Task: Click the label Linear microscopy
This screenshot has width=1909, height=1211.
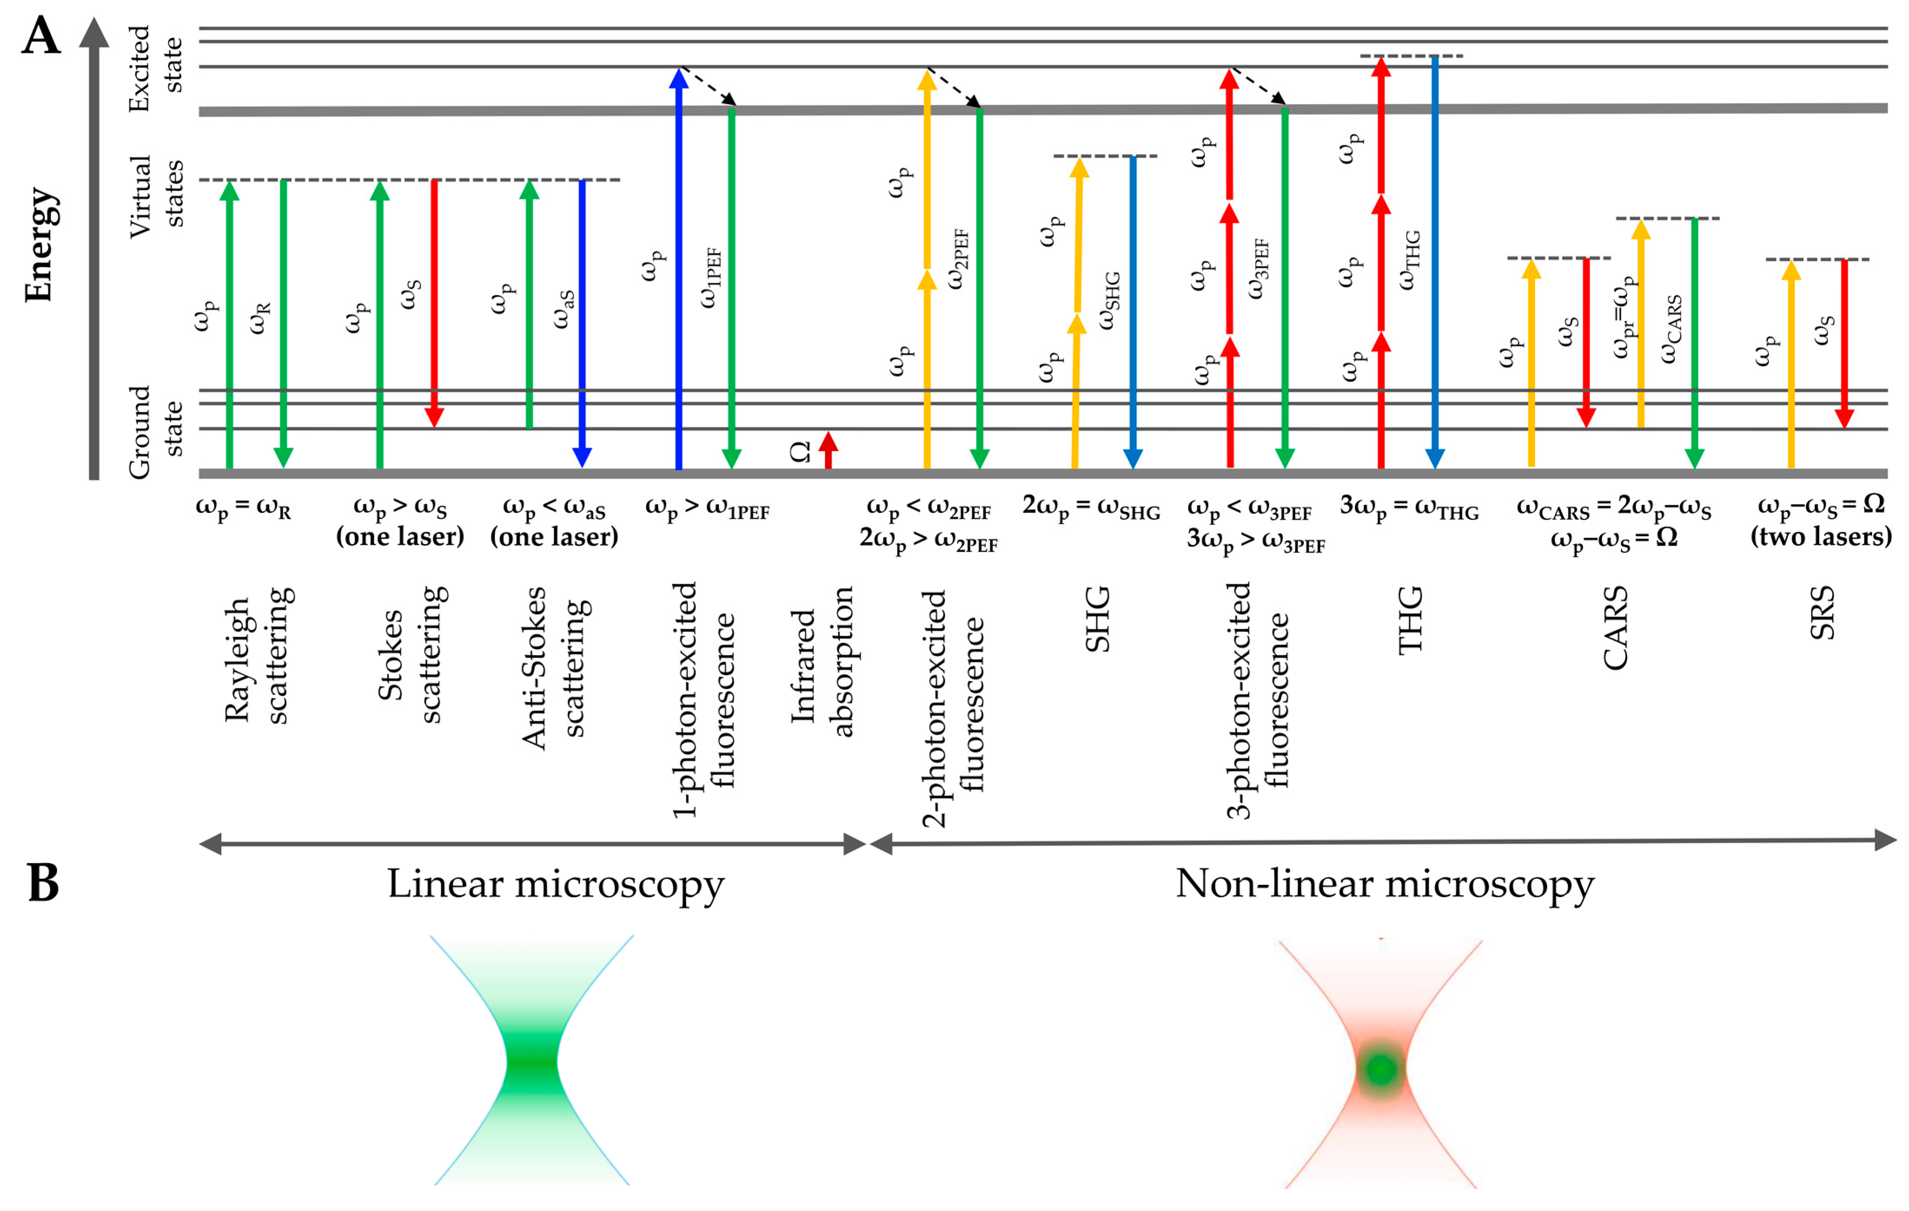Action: [x=555, y=884]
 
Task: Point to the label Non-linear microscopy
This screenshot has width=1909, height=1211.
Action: [x=1384, y=884]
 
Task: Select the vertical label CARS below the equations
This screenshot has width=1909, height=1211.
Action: [x=1615, y=628]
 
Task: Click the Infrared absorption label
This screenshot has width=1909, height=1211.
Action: [x=822, y=662]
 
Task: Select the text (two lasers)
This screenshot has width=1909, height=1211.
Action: [x=1821, y=538]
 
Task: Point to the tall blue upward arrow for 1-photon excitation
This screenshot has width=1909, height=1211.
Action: [x=678, y=270]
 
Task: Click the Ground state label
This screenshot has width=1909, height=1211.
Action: [x=156, y=432]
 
